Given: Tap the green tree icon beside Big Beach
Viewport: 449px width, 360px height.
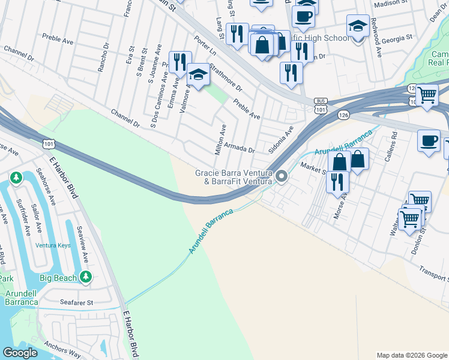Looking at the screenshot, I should point(86,277).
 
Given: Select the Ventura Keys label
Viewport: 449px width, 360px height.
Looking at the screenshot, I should point(56,245).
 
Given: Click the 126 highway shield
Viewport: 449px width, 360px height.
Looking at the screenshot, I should point(343,114).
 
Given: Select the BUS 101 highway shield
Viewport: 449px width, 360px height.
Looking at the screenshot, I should point(320,106).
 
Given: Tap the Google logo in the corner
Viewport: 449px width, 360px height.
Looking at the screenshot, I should point(20,352).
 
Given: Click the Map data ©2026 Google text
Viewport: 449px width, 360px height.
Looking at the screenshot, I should point(411,355).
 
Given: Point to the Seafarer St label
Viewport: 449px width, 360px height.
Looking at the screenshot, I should point(76,302).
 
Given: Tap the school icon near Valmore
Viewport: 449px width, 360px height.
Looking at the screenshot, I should point(198,74).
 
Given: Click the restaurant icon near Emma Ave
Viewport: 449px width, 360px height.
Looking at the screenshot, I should point(179,62).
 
